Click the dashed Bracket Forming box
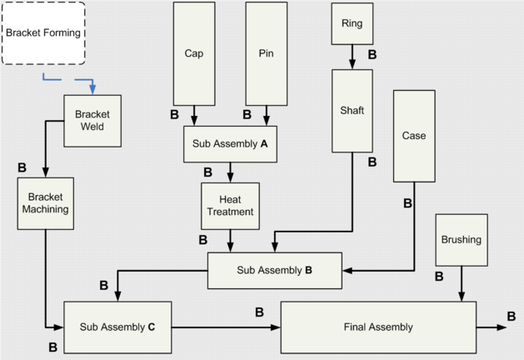point(43,33)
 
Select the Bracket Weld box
point(92,119)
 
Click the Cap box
point(194,53)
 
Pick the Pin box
point(267,53)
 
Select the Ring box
point(352,24)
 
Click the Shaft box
point(352,110)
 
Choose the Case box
point(414,136)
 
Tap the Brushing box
point(461,240)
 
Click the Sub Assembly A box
point(230,143)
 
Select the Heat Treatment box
point(230,206)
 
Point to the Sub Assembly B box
point(274,271)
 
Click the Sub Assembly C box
point(117,327)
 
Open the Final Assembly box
point(377,327)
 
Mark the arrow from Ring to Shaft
point(352,57)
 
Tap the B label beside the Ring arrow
point(372,55)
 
